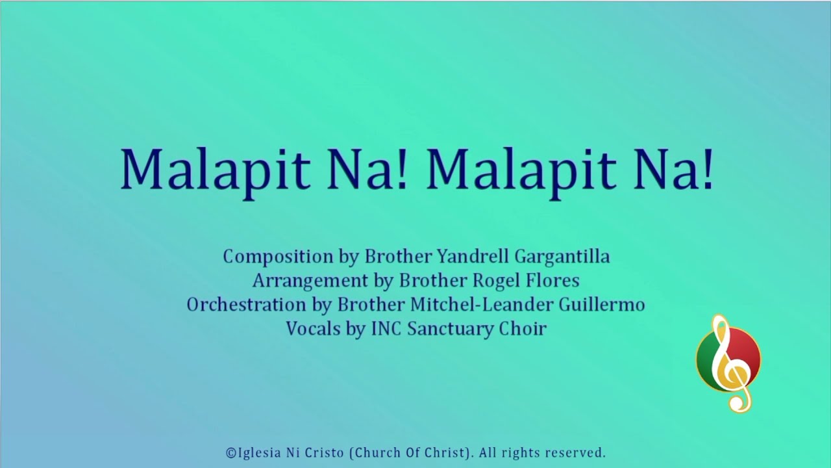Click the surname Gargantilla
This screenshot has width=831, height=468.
coord(562,256)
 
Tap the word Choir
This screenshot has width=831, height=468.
coord(523,329)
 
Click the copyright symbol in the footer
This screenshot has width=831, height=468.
coord(230,453)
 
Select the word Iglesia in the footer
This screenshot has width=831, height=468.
coord(256,453)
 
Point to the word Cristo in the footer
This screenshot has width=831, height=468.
coord(322,453)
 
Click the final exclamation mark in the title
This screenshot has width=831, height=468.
coord(707,169)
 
